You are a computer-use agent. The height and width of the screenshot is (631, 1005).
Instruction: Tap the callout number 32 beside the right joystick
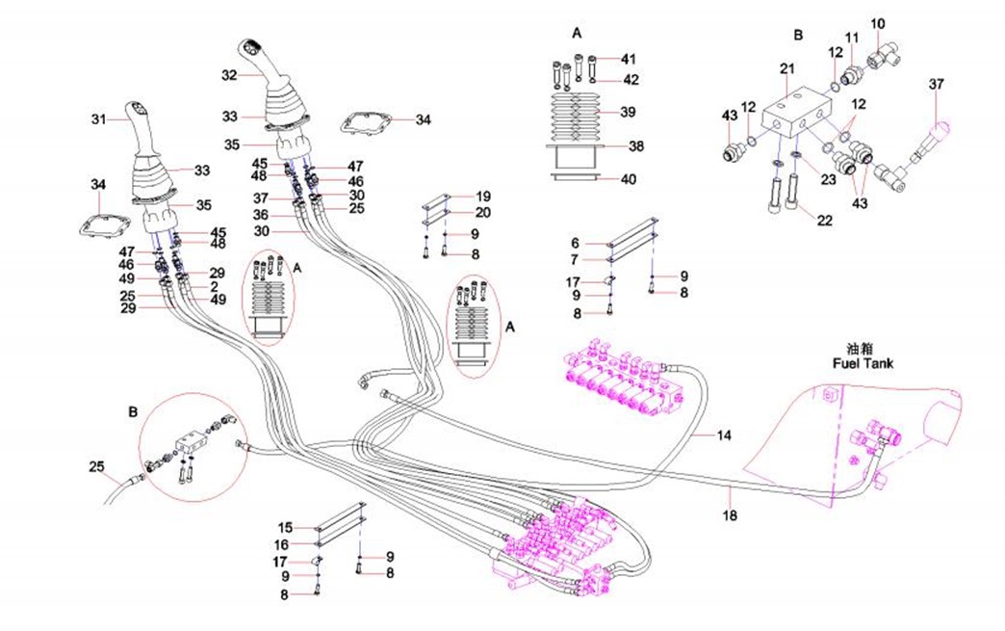click(228, 74)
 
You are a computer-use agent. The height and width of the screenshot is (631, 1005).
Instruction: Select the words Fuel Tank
click(863, 364)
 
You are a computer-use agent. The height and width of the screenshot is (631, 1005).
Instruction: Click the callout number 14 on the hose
click(723, 436)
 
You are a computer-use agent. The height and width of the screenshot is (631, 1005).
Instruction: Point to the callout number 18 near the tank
click(731, 516)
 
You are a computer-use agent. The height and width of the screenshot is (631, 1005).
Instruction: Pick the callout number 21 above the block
click(786, 68)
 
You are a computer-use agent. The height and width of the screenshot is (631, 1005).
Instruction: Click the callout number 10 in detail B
click(877, 23)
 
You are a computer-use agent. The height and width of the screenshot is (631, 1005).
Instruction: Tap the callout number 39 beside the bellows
click(628, 112)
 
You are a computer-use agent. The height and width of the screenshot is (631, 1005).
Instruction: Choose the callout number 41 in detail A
click(628, 59)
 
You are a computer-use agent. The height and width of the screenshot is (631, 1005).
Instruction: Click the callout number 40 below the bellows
click(628, 178)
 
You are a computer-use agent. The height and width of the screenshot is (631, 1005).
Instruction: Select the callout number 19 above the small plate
click(483, 196)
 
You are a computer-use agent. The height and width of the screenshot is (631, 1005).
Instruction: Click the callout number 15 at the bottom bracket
click(285, 527)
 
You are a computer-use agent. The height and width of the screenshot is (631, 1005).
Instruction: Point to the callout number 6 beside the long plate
click(575, 243)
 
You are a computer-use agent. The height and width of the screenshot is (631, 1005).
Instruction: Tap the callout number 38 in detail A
click(635, 147)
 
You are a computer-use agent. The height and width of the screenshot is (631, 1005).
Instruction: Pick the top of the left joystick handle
click(135, 109)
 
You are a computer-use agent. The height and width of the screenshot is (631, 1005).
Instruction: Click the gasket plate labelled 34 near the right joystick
click(366, 123)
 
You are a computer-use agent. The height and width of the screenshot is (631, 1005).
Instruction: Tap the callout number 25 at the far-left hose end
click(96, 467)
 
